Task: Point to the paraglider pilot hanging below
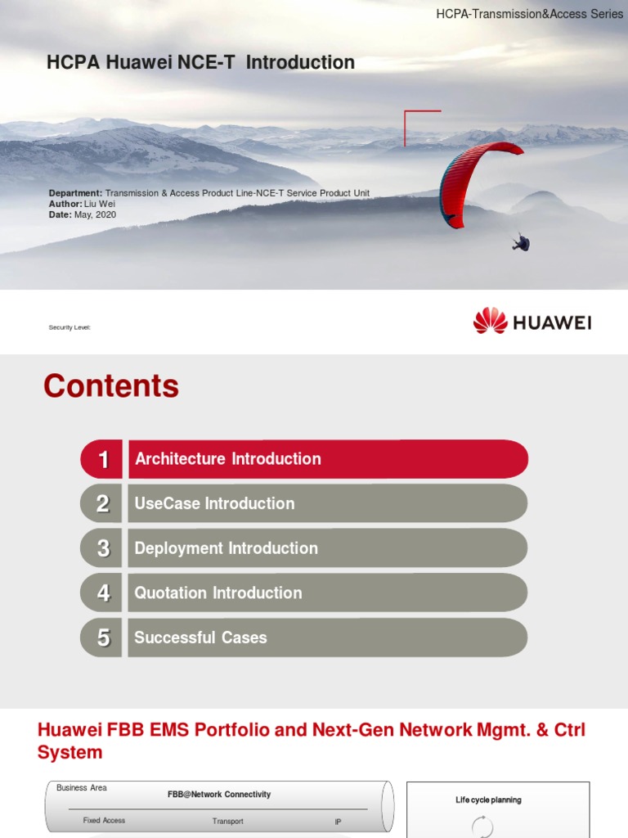click(521, 242)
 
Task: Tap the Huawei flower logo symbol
click(491, 321)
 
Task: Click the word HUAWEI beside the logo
click(552, 322)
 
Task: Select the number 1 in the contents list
click(103, 459)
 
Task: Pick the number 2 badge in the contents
click(103, 504)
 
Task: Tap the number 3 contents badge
click(103, 548)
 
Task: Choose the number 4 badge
click(103, 593)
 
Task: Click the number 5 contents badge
click(103, 638)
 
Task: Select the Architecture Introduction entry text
click(228, 459)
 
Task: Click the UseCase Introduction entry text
click(214, 504)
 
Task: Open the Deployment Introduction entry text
click(227, 548)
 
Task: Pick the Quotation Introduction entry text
click(218, 593)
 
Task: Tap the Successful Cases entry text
click(201, 638)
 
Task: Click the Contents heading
click(111, 386)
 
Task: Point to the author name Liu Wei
click(101, 204)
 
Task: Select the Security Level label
click(70, 327)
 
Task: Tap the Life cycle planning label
click(488, 800)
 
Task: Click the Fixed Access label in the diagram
click(104, 820)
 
